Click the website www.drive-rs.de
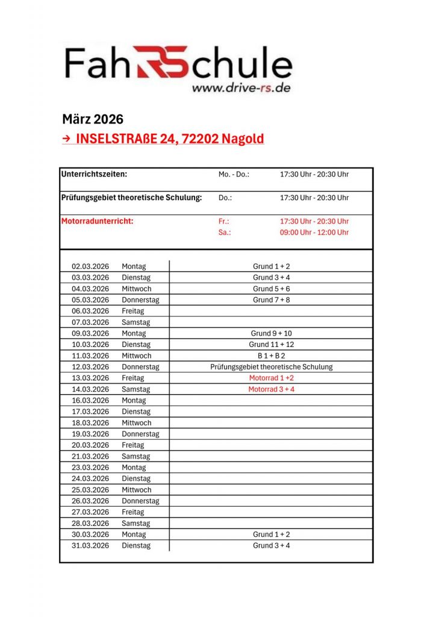click(241, 88)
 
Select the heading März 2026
click(93, 119)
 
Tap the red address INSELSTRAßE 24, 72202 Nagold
click(170, 139)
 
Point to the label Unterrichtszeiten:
click(94, 174)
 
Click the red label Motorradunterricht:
click(98, 221)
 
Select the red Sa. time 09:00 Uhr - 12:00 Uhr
click(314, 232)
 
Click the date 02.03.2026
click(90, 266)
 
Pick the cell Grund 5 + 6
click(271, 289)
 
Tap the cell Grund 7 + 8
click(271, 299)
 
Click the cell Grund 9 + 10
click(271, 333)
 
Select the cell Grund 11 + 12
click(271, 345)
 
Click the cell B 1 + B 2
click(271, 355)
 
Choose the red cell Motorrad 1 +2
click(271, 378)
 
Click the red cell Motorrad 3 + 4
click(271, 389)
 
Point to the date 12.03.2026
click(90, 367)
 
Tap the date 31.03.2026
click(90, 546)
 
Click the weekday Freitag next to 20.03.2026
click(133, 445)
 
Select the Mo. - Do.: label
click(234, 174)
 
